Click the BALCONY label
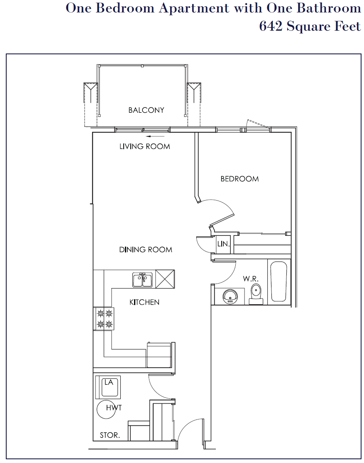(x=146, y=110)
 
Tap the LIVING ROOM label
(x=144, y=146)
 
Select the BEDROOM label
(x=239, y=179)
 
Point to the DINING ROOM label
(x=146, y=250)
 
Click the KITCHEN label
(x=144, y=302)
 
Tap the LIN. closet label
(x=223, y=244)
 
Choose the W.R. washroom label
(x=251, y=279)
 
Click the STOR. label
(x=110, y=435)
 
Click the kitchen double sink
(x=142, y=280)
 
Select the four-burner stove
(x=104, y=319)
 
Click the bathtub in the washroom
(x=279, y=281)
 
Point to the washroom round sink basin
(x=230, y=296)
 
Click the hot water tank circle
(x=106, y=409)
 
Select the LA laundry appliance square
(x=108, y=387)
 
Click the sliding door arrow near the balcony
(x=155, y=136)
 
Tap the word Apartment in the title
(x=194, y=9)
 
